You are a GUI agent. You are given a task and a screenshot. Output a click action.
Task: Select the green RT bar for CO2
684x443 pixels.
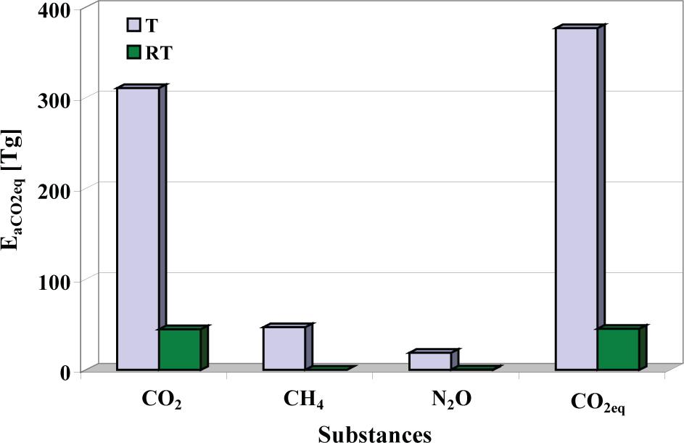[x=180, y=349]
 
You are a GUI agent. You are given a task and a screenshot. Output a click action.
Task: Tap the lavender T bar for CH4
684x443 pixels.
[x=284, y=348]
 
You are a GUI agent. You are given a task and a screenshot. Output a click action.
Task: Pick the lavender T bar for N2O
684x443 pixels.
[x=430, y=361]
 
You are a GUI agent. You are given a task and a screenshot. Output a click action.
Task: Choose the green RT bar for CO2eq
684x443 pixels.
[x=618, y=349]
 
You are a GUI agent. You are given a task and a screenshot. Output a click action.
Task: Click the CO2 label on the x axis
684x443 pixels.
[x=160, y=402]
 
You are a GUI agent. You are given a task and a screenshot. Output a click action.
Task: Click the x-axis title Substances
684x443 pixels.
[x=375, y=434]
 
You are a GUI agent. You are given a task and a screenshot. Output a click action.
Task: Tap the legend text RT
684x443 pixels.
[x=158, y=52]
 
